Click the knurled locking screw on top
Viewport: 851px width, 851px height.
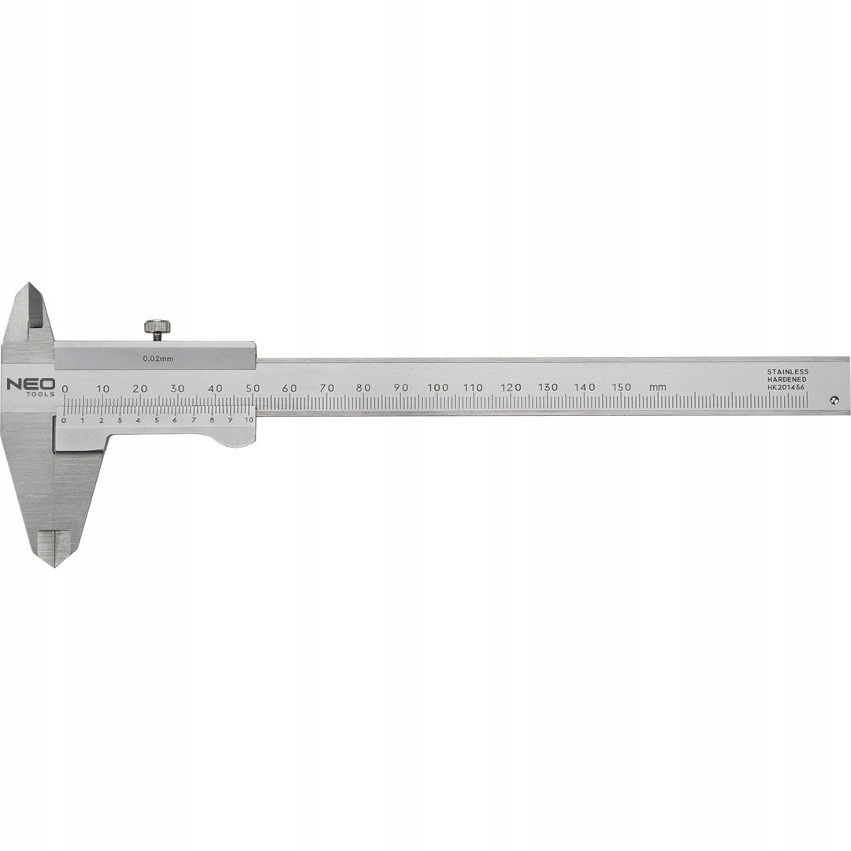[x=157, y=326]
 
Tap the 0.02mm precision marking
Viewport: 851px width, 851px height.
[x=158, y=359]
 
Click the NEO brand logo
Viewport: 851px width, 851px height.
[x=32, y=384]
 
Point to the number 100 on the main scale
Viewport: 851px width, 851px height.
[x=437, y=388]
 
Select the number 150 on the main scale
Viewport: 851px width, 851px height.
[x=622, y=387]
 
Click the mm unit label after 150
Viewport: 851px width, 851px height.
[x=657, y=387]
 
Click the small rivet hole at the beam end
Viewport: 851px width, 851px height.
[x=834, y=399]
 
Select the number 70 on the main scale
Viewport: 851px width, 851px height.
[x=327, y=388]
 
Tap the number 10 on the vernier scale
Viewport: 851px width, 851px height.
[x=249, y=420]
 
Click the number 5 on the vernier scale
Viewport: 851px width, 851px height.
[x=156, y=420]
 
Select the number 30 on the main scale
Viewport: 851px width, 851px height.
[x=177, y=388]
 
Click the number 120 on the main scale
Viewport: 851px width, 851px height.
[x=511, y=388]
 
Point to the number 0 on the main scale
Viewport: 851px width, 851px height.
[x=65, y=388]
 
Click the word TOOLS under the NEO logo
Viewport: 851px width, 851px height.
[x=40, y=393]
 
